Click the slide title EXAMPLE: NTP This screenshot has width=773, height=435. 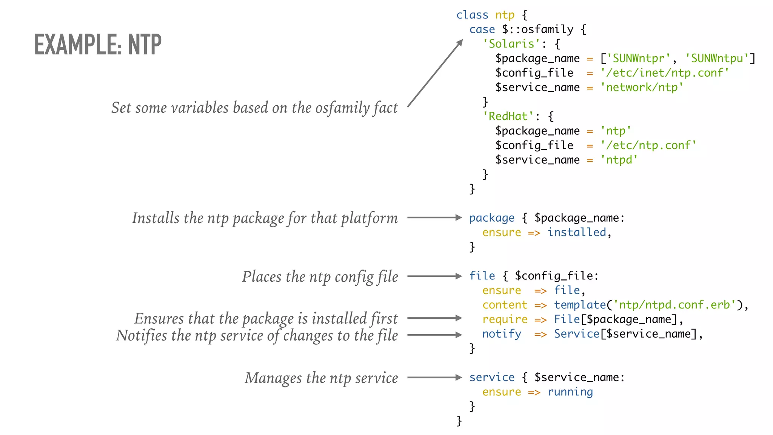(98, 45)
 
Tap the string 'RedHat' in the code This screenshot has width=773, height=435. (508, 116)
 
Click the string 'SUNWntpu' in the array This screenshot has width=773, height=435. (717, 59)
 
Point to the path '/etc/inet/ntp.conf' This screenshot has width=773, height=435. (665, 73)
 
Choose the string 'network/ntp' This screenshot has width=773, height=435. (642, 88)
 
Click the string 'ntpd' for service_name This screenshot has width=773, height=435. (619, 160)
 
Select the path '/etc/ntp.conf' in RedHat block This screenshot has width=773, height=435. (648, 145)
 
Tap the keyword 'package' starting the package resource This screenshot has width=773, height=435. (491, 218)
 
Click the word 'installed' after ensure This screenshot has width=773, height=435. (577, 232)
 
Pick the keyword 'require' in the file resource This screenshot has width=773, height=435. (505, 319)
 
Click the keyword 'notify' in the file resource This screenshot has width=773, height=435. (502, 334)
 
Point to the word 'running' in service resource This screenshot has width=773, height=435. (570, 392)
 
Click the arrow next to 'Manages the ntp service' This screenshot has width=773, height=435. (434, 377)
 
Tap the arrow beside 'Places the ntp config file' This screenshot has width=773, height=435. (434, 276)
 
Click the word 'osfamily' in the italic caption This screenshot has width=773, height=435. (343, 108)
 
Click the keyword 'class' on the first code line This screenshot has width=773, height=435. (472, 15)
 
